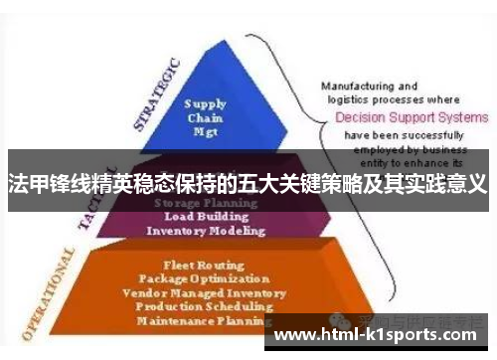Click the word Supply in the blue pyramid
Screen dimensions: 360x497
[x=205, y=102]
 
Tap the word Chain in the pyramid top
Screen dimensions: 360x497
[x=205, y=116]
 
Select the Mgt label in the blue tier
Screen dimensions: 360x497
[x=205, y=130]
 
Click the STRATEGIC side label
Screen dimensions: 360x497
[x=156, y=94]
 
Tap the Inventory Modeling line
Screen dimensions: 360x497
[x=206, y=231]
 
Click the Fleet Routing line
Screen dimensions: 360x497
[x=207, y=266]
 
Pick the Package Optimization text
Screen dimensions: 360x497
[x=207, y=279]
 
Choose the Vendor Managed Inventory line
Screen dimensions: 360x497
[x=207, y=293]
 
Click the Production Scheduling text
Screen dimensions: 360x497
[x=207, y=307]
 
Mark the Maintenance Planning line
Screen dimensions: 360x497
[x=207, y=321]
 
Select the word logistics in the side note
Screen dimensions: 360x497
[x=344, y=99]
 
